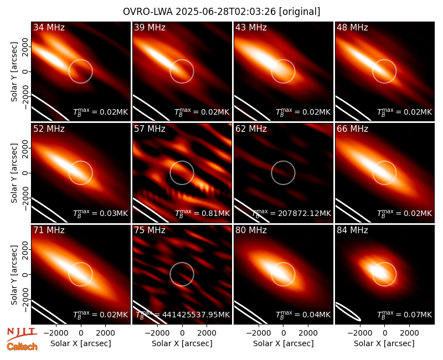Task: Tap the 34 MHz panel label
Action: pos(49,27)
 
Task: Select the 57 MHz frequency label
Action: pos(150,129)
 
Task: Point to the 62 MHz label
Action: pos(251,129)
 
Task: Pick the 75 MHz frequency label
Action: pos(150,230)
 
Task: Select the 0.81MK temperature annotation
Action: pos(215,213)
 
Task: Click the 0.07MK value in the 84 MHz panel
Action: pos(418,315)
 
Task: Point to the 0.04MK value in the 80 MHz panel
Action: pos(316,315)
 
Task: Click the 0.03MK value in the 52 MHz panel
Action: pos(114,213)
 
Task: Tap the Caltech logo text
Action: pos(22,347)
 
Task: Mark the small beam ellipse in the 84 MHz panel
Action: pos(348,312)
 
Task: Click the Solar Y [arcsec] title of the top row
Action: pos(14,72)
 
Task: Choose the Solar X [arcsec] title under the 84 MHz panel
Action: pos(384,343)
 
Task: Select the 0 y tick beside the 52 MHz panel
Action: pos(25,173)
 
